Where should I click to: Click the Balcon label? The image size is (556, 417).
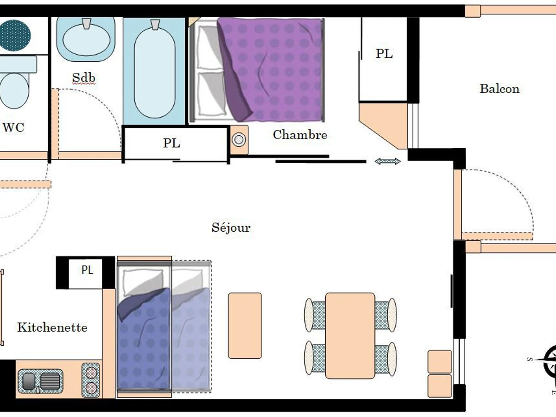[499, 88]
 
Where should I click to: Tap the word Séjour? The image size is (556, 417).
[231, 227]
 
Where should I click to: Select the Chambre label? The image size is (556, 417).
[300, 135]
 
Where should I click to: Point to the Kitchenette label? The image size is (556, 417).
[52, 328]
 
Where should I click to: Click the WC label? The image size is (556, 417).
[13, 127]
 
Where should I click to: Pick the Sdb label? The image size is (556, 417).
[84, 78]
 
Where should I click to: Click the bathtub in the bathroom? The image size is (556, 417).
[155, 69]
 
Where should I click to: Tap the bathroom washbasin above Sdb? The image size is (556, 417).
[86, 39]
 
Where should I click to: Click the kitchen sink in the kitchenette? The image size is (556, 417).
[40, 381]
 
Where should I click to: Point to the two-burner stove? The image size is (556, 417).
[91, 380]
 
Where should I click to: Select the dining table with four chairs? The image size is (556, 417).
[350, 335]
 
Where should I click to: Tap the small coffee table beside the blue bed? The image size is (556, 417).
[245, 325]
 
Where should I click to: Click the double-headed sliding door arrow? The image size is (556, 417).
[387, 161]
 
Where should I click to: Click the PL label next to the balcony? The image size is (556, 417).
[384, 54]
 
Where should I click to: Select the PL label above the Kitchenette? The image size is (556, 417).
[87, 270]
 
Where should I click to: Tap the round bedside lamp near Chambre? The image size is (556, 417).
[239, 139]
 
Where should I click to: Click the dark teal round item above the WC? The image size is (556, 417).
[14, 35]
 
